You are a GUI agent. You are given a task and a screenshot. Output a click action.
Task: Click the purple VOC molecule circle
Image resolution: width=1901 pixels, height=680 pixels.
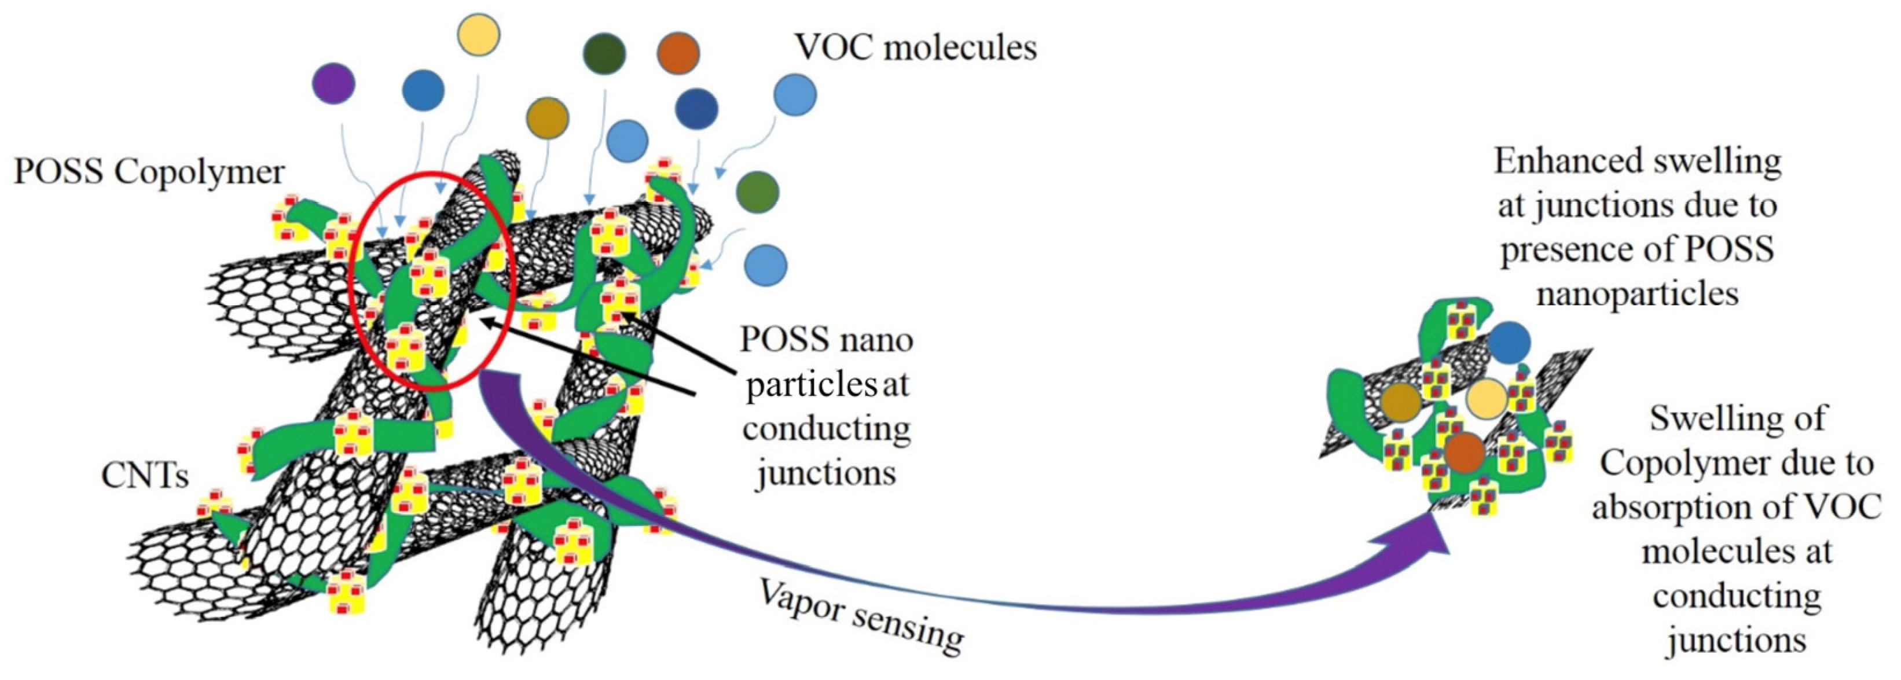(x=333, y=83)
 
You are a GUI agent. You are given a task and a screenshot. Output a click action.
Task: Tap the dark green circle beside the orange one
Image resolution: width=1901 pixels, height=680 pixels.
(x=604, y=53)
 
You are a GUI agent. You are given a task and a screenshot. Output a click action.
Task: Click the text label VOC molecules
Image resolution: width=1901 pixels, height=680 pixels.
(x=915, y=47)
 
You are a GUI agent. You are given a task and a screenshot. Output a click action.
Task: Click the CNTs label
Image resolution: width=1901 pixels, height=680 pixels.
(x=145, y=476)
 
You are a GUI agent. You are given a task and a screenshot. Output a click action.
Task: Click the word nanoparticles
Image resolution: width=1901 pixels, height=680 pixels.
(x=1637, y=294)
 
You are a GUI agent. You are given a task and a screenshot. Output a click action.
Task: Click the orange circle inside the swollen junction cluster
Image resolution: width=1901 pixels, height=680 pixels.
(x=1464, y=452)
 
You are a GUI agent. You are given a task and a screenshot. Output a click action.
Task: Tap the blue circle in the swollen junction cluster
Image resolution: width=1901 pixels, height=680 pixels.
(x=1509, y=342)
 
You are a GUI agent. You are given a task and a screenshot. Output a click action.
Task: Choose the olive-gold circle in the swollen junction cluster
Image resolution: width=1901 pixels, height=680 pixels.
(x=1400, y=402)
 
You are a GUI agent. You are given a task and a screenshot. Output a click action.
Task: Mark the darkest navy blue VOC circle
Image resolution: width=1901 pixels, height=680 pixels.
(x=696, y=108)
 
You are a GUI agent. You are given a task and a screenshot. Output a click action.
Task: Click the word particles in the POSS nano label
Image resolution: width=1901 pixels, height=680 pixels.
(x=806, y=384)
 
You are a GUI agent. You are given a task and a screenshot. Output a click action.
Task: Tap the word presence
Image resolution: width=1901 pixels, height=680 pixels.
(x=1572, y=250)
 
